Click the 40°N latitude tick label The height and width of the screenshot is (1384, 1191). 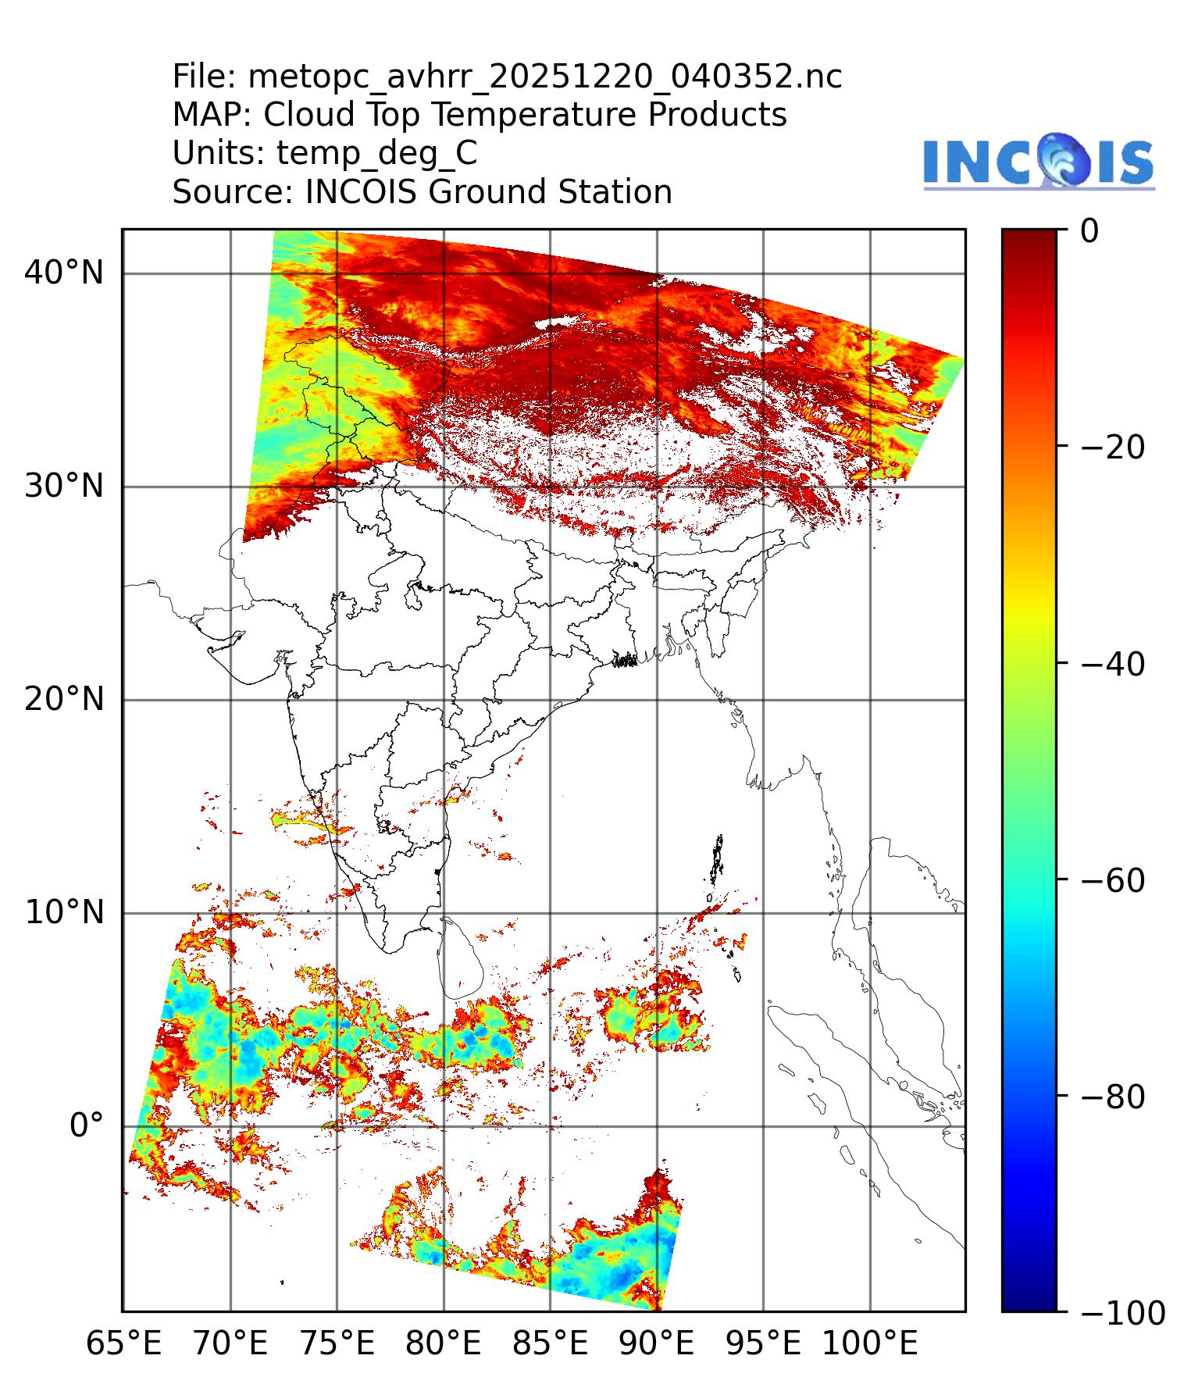pyautogui.click(x=64, y=273)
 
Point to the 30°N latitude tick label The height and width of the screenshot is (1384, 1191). pyautogui.click(x=64, y=487)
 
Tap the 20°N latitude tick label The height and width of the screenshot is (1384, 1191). pyautogui.click(x=64, y=699)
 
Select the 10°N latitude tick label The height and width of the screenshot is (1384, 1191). pyautogui.click(x=64, y=912)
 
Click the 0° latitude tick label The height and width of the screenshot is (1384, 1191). pyautogui.click(x=86, y=1126)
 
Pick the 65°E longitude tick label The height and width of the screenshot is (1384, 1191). pyautogui.click(x=123, y=1344)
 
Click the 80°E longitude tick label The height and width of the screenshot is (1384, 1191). pyautogui.click(x=444, y=1344)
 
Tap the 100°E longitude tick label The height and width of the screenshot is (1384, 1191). pyautogui.click(x=870, y=1344)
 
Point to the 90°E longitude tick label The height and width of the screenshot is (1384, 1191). pyautogui.click(x=657, y=1344)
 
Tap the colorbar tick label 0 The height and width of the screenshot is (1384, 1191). pyautogui.click(x=1090, y=231)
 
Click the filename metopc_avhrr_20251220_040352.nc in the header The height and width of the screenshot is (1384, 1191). pyautogui.click(x=544, y=77)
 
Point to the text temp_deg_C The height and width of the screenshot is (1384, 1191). pyautogui.click(x=376, y=153)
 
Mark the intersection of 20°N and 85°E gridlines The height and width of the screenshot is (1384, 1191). pyautogui.click(x=550, y=700)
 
